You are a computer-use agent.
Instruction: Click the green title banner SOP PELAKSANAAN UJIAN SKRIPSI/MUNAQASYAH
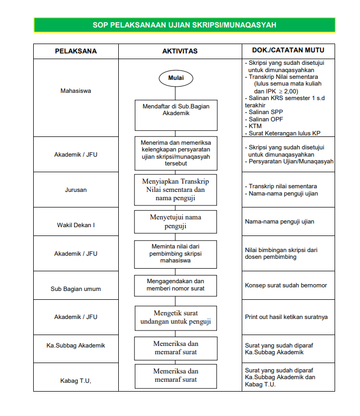click(x=184, y=25)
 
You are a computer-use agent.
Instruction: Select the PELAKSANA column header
click(x=76, y=51)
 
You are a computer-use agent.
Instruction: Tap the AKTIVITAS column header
click(x=179, y=51)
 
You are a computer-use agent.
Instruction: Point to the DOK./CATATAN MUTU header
click(x=288, y=50)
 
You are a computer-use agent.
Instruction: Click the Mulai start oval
click(x=175, y=78)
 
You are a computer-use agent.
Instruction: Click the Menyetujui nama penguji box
click(x=175, y=221)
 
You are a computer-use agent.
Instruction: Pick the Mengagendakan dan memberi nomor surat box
click(x=175, y=285)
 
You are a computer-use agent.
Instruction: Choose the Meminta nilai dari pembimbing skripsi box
click(x=175, y=253)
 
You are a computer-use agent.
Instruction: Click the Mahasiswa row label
click(x=76, y=91)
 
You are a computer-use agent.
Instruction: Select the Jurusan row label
click(x=76, y=190)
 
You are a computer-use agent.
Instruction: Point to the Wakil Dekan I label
click(x=76, y=225)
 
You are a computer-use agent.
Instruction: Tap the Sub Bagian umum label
click(x=76, y=289)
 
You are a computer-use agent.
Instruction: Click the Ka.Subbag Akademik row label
click(x=76, y=345)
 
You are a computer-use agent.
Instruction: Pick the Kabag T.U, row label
click(x=76, y=381)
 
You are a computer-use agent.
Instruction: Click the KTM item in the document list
click(x=256, y=126)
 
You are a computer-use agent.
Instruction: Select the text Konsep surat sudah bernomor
click(x=286, y=285)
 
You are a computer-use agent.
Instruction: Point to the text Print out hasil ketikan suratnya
click(x=286, y=317)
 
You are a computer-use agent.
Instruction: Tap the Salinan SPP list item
click(x=266, y=112)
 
